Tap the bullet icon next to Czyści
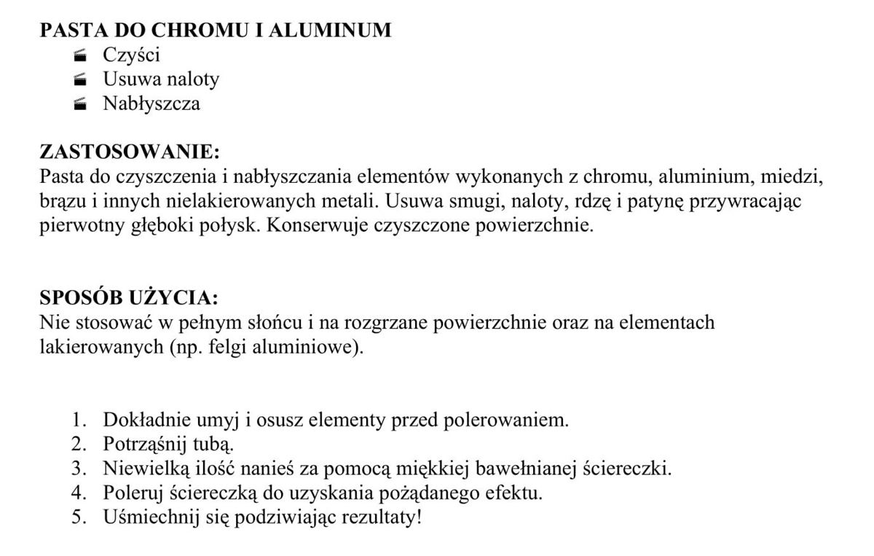tap(80, 55)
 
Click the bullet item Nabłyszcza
tap(151, 103)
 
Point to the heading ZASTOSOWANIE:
tap(129, 152)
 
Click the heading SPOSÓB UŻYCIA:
tap(128, 298)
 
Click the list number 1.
tap(79, 420)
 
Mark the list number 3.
tap(79, 468)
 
